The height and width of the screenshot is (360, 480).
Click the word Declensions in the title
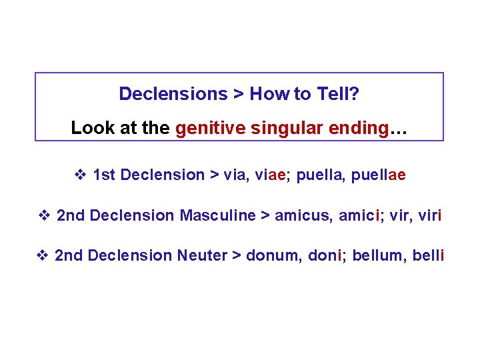tap(173, 94)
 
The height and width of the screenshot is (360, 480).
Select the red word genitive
tap(207, 127)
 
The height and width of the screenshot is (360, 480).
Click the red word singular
tap(283, 127)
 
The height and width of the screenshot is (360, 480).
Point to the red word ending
tap(357, 127)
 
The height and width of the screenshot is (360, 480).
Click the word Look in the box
tap(91, 127)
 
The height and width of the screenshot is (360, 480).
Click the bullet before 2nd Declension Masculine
tap(45, 215)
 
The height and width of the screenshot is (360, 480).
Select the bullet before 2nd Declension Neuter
tap(42, 255)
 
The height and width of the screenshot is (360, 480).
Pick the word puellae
tap(378, 175)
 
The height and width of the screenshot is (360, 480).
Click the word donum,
tap(273, 255)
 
